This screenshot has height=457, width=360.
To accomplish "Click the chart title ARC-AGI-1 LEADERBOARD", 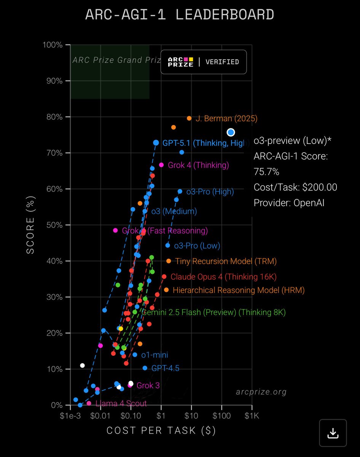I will [180, 15].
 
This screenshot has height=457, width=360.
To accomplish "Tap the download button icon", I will [333, 433].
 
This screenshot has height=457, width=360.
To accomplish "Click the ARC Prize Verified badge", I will [204, 62].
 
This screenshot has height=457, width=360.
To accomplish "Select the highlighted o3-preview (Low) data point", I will [231, 132].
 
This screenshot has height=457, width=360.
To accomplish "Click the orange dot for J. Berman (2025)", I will [189, 118].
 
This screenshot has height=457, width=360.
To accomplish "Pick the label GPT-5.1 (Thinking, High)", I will [206, 143].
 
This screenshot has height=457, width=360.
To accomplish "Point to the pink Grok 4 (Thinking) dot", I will [161, 165].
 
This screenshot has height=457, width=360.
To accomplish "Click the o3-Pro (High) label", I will [210, 192].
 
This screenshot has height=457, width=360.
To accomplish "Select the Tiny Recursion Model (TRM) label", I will [226, 261].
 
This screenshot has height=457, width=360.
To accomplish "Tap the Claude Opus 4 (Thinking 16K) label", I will [223, 276].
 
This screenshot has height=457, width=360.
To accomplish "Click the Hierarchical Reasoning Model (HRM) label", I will [239, 290].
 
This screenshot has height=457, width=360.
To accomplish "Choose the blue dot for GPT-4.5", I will [145, 368].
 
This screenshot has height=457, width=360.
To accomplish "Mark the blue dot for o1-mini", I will [135, 355].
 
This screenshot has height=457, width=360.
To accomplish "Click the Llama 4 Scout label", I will [121, 403].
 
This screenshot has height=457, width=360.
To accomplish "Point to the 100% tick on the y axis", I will [53, 45].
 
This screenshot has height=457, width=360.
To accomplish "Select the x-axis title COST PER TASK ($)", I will [161, 430].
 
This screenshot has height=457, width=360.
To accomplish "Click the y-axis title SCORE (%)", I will [30, 225].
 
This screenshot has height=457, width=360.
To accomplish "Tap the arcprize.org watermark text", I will [261, 392].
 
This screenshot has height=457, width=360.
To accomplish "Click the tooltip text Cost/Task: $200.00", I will [295, 187].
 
